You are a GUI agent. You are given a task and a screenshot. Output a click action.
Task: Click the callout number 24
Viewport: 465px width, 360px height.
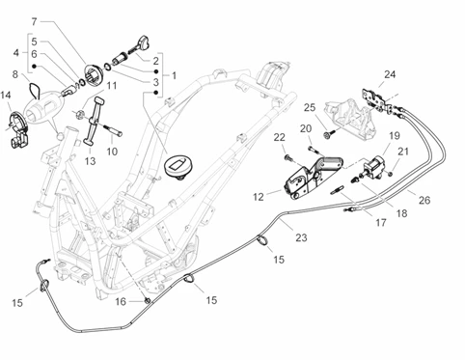[390, 74]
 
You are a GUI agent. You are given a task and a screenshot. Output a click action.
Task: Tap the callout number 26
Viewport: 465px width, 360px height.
[424, 200]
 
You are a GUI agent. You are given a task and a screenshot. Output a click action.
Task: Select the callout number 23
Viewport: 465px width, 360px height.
[301, 237]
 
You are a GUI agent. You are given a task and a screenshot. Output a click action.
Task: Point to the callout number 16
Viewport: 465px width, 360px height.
[121, 302]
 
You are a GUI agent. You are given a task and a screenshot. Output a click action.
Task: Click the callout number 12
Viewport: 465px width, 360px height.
[259, 197]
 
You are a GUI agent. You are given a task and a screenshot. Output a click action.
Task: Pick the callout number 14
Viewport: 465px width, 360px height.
[6, 95]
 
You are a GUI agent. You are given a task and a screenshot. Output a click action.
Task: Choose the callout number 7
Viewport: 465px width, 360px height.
[35, 22]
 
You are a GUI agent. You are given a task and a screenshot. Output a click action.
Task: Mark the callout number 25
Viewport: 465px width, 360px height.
[310, 107]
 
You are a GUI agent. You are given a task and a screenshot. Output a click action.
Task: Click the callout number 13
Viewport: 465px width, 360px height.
[91, 161]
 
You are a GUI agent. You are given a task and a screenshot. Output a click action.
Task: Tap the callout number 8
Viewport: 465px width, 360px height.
[15, 74]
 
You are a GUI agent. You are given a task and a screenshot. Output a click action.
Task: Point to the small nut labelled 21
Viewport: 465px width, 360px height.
[390, 174]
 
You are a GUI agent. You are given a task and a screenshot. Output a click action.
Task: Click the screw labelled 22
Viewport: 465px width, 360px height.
[288, 158]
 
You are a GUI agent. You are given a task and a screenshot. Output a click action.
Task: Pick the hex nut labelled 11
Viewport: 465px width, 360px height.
[80, 114]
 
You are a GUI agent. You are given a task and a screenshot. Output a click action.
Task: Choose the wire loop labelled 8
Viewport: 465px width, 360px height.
[34, 90]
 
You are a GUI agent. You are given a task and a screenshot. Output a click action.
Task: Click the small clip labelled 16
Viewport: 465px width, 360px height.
[147, 300]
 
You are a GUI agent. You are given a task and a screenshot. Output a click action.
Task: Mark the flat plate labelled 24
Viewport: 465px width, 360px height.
[374, 98]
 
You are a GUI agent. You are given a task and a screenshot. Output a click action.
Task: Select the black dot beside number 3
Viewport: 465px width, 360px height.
[156, 93]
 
